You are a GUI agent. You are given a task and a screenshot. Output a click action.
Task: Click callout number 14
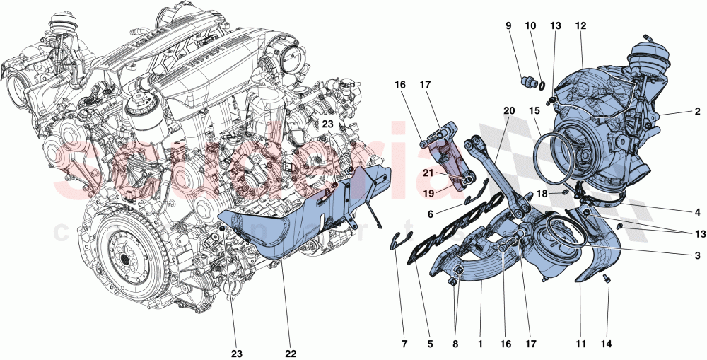606,344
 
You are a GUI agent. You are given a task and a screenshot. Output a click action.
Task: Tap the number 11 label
580,344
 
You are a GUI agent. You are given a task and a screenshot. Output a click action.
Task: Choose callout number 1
480,344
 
